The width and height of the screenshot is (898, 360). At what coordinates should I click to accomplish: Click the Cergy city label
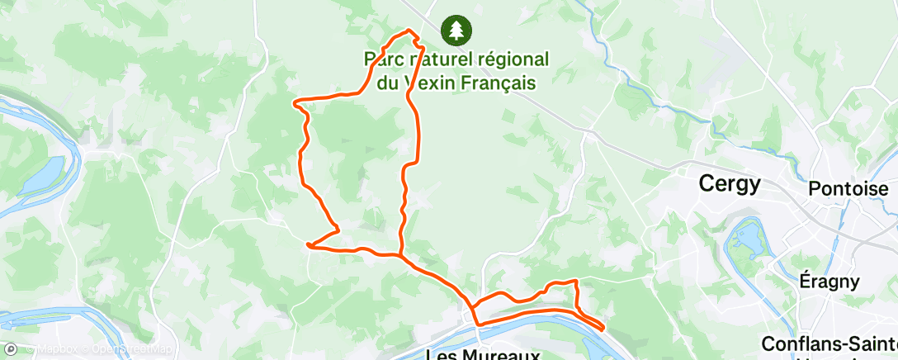pyautogui.click(x=729, y=184)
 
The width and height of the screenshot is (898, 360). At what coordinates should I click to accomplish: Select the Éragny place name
pyautogui.click(x=829, y=281)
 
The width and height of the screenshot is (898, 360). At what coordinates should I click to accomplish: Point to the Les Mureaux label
pyautogui.click(x=482, y=354)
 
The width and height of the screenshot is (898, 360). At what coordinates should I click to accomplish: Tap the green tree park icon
pyautogui.click(x=456, y=31)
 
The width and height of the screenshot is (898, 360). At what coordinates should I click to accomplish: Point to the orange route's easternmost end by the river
pyautogui.click(x=604, y=328)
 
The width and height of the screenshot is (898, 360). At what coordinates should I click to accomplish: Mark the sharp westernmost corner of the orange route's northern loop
pyautogui.click(x=295, y=102)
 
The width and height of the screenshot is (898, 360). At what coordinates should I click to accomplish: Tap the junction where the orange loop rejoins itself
pyautogui.click(x=401, y=256)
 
